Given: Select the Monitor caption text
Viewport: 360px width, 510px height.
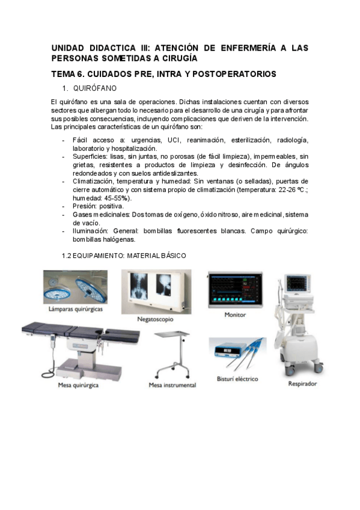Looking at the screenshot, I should [235, 315].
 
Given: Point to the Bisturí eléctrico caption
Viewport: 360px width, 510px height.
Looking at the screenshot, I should [237, 379].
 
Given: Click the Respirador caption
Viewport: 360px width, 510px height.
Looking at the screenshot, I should [302, 383].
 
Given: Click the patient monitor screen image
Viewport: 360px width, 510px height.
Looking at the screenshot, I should [235, 290].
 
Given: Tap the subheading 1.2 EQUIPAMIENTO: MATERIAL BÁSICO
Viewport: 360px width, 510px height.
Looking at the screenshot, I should [124, 255].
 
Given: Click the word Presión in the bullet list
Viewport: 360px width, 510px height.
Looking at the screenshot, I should [85, 206].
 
